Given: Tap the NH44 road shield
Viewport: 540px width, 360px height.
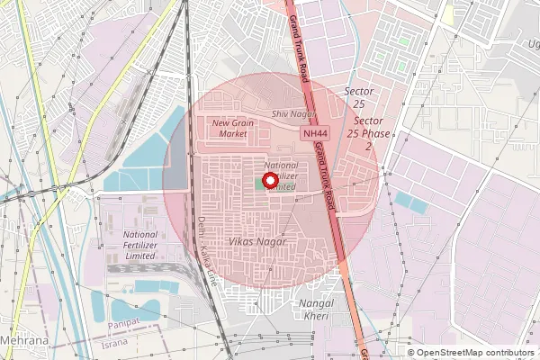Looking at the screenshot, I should pos(314,132).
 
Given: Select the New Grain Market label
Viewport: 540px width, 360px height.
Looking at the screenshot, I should pos(230,128).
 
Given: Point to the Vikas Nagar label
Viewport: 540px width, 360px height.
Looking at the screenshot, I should pos(257,242).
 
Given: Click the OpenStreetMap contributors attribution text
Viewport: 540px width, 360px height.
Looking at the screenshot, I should pos(476,353).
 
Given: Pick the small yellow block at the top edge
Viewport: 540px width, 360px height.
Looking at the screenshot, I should pos(447,13).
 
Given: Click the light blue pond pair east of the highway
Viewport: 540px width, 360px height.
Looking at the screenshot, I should pos(411,202).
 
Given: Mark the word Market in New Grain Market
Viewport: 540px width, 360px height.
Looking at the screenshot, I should pos(232,134).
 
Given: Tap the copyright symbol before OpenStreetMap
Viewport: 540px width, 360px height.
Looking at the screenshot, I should pos(412,353).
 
